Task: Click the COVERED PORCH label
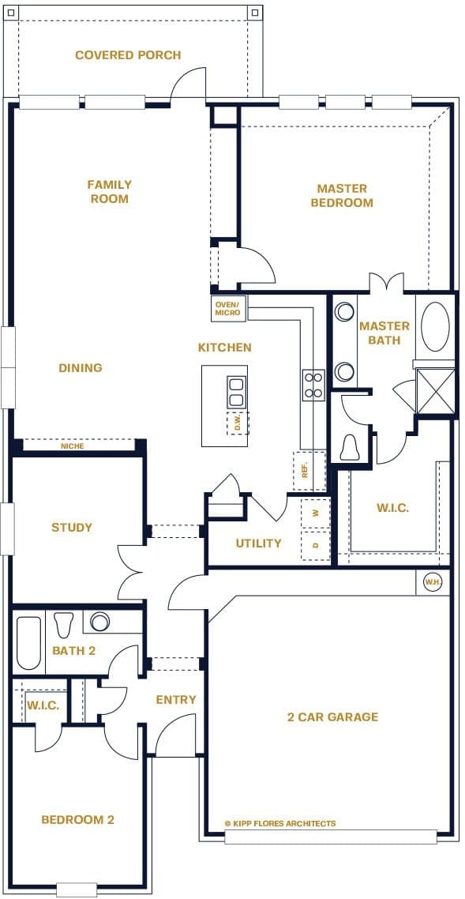pos(128,55)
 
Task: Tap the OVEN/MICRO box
pos(229,308)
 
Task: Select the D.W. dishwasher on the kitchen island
pos(237,423)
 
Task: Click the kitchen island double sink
pos(236,391)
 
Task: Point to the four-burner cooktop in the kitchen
pos(313,385)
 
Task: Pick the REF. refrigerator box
pos(309,471)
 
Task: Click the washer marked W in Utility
pos(316,513)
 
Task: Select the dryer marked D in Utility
pos(316,545)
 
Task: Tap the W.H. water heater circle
pos(433,582)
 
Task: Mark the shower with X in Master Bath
pos(435,391)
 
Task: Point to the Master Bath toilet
pos(349,448)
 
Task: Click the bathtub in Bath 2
pos(29,643)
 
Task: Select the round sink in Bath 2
pos(100,622)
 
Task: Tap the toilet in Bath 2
pos(64,623)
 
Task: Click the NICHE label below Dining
pos(72,446)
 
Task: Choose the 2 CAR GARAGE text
pos(332,717)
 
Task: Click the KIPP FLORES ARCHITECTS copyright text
pos(280,823)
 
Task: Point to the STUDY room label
pos(72,528)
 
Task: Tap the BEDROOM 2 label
pos(77,820)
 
